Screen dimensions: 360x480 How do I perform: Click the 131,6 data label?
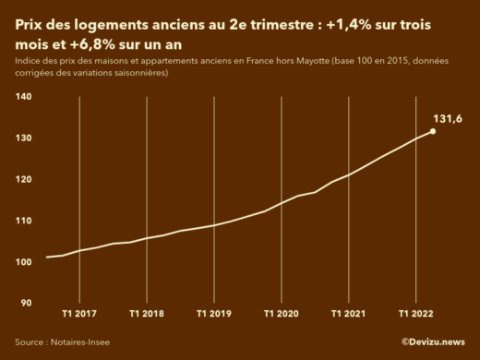pyautogui.click(x=447, y=118)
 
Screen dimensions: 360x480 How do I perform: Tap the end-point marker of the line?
pyautogui.click(x=433, y=131)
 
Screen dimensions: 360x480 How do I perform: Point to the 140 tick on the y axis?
pyautogui.click(x=24, y=96)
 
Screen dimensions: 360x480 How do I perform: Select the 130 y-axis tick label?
pyautogui.click(x=24, y=138)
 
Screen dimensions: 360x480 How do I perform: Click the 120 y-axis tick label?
pyautogui.click(x=24, y=179)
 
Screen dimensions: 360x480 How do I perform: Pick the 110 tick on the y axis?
pyautogui.click(x=24, y=221)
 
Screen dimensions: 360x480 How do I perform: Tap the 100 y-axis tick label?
pyautogui.click(x=24, y=262)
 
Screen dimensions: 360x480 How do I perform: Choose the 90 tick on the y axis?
pyautogui.click(x=26, y=303)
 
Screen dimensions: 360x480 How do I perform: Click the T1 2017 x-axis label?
pyautogui.click(x=80, y=314)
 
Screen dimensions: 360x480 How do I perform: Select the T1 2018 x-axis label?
pyautogui.click(x=148, y=314)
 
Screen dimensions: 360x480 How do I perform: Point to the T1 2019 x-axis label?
pyautogui.click(x=214, y=314)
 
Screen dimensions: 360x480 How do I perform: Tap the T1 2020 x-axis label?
pyautogui.click(x=282, y=314)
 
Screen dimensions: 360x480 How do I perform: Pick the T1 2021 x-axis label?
pyautogui.click(x=349, y=314)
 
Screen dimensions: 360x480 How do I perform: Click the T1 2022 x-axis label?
pyautogui.click(x=415, y=314)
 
